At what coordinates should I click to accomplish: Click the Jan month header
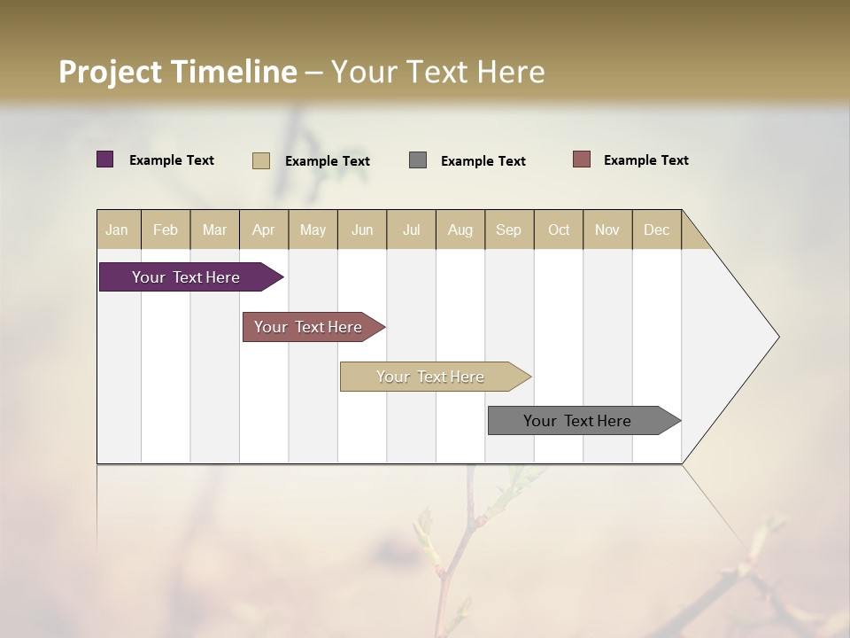(118, 230)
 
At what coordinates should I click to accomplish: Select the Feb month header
(166, 230)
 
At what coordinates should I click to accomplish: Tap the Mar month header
(214, 230)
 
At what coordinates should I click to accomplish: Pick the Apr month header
(264, 230)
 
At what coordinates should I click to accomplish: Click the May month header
(313, 230)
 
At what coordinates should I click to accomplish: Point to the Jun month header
(362, 230)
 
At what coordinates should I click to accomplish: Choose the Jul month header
(411, 230)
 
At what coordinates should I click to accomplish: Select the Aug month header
(460, 230)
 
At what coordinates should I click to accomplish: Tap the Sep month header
(509, 230)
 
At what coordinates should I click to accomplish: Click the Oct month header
(559, 230)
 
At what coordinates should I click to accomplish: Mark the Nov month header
(607, 230)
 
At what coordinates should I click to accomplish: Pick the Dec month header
(657, 230)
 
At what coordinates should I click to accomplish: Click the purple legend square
(105, 159)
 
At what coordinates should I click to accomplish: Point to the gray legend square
(418, 159)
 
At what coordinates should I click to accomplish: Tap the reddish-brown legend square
(582, 159)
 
